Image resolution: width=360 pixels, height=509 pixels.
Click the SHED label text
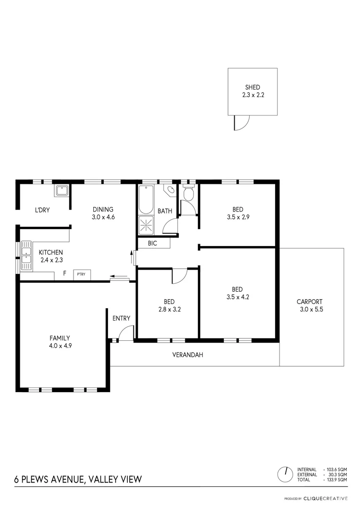[x=252, y=87]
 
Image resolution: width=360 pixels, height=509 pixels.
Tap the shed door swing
[x=240, y=123]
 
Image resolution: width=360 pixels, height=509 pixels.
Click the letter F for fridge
[x=65, y=273]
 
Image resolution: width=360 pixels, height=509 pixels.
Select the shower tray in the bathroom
[x=147, y=225]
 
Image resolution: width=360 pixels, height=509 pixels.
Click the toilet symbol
[x=188, y=193]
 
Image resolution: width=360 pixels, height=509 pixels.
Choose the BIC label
[x=152, y=244]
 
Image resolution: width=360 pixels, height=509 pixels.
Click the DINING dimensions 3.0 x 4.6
[x=103, y=217]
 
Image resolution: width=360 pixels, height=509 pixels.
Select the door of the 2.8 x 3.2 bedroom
[x=180, y=276]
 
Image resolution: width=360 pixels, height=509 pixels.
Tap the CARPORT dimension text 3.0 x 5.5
[x=311, y=310]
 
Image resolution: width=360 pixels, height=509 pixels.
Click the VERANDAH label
[x=188, y=355]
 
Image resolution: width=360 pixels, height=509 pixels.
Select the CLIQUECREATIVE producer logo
[x=325, y=498]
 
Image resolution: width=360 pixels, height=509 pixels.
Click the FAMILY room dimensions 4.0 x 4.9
[x=60, y=345]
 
